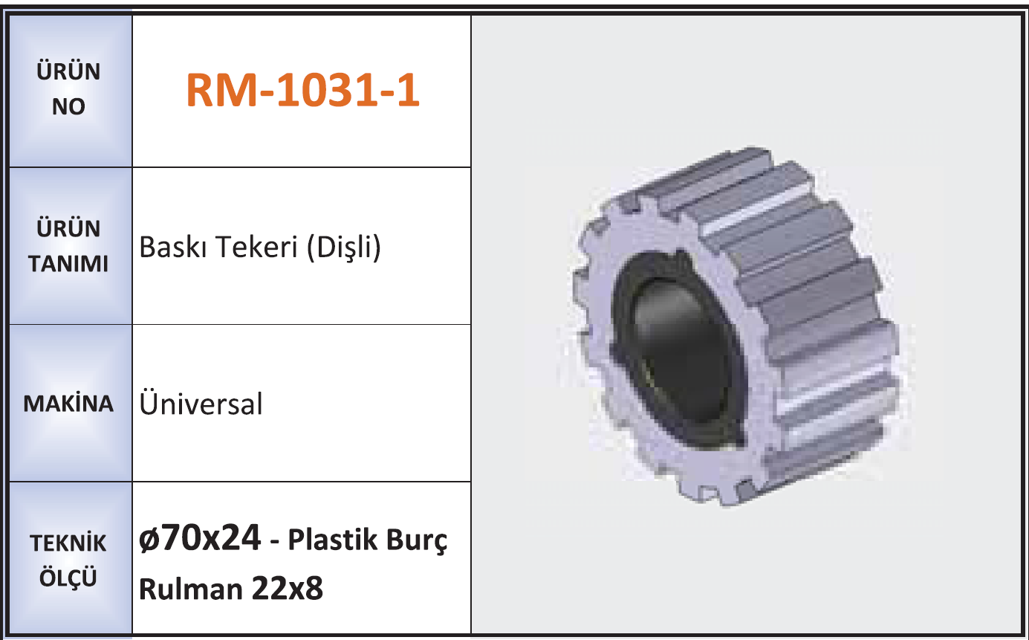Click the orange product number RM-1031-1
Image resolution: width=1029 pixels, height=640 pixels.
click(x=302, y=90)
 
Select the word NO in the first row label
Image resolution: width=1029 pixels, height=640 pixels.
click(x=68, y=106)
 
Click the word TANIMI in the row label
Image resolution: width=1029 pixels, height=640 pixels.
click(x=68, y=264)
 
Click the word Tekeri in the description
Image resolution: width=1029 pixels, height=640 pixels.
click(x=257, y=247)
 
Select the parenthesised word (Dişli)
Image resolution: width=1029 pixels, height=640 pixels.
click(x=344, y=248)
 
